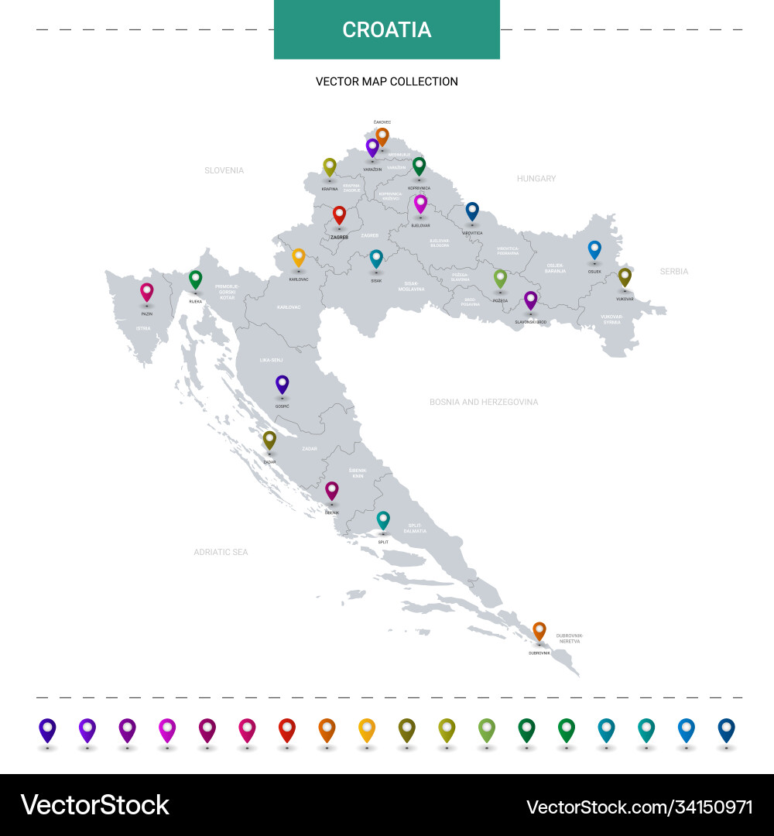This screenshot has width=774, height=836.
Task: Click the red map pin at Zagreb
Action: point(339,214)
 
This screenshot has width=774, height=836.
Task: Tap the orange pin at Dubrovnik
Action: point(539,630)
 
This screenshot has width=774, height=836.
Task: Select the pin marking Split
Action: point(383,519)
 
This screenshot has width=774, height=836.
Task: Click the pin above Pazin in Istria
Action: point(146,292)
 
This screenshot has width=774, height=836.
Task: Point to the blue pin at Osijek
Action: point(594,249)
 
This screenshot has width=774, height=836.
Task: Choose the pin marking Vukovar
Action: point(625,276)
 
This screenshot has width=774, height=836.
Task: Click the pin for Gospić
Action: point(283,384)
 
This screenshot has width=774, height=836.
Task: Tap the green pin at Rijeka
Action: point(196,279)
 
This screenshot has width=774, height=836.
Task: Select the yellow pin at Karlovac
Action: point(299,257)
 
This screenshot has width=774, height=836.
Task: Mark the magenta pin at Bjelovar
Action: point(420,204)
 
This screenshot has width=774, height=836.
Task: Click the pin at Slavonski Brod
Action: point(530,300)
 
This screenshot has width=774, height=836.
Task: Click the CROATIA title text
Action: point(387,29)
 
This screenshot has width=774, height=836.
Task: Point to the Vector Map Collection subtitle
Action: point(387,81)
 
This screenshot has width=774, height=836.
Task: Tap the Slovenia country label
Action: point(224,170)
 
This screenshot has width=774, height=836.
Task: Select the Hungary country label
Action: point(536,179)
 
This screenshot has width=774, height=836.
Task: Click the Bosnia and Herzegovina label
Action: point(484,403)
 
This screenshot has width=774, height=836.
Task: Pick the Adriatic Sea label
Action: point(221,552)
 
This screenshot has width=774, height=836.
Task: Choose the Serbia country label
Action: point(674,272)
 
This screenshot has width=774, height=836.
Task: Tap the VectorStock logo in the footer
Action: point(94,805)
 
